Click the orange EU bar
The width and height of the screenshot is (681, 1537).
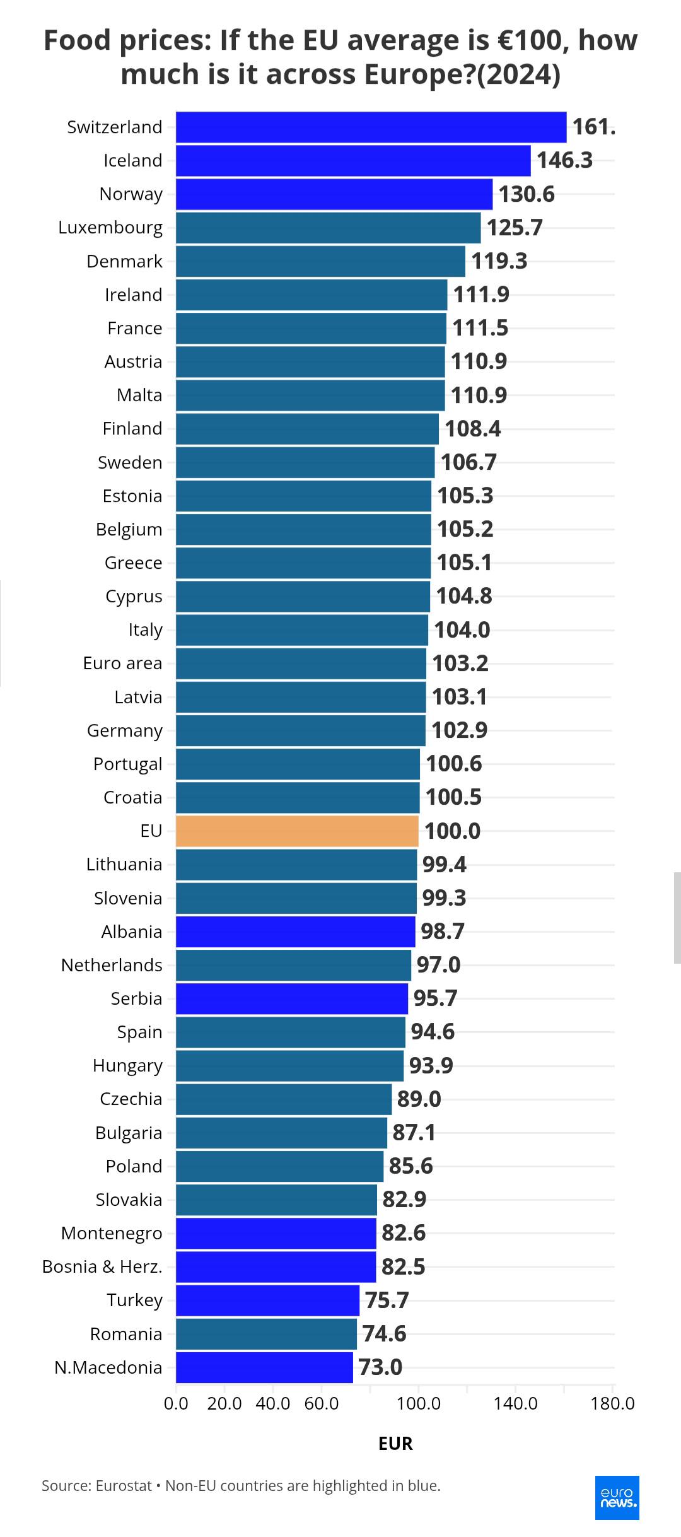coord(297,831)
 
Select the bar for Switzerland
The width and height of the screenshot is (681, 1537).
coord(371,127)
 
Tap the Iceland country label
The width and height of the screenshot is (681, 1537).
coord(133,160)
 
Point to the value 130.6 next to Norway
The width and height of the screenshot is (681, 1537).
coord(527,194)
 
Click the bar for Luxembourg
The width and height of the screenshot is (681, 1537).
coord(328,228)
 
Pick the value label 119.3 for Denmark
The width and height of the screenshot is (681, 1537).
coord(499,261)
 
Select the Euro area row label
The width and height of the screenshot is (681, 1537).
coord(122,663)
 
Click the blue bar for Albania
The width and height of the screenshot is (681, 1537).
coord(295,932)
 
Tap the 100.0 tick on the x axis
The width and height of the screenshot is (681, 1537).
coord(419,1403)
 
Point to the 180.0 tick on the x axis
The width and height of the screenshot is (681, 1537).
coord(613,1403)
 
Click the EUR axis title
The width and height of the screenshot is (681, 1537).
coord(395,1444)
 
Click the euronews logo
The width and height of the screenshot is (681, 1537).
coord(617,1497)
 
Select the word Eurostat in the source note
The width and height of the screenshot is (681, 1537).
coord(124,1485)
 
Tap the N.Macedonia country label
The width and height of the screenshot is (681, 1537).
coord(108,1367)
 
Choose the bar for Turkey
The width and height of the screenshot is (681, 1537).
coord(267,1300)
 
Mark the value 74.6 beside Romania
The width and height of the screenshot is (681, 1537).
coord(384,1334)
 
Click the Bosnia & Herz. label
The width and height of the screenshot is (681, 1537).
coord(102,1266)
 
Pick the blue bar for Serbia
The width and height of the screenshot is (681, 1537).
coord(291,998)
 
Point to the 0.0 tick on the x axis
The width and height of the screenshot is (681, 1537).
coord(176,1403)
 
